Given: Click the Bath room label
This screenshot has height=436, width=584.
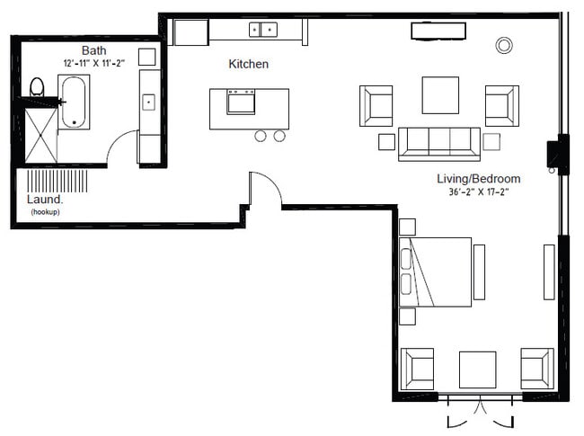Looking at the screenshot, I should pos(93,50).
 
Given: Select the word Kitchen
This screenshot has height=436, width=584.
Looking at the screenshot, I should pos(248,65).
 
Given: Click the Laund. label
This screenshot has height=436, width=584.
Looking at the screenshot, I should pos(44,200).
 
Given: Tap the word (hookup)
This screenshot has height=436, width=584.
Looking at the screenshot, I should pos(44,212).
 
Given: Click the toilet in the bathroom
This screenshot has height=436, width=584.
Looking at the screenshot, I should pos(37,88).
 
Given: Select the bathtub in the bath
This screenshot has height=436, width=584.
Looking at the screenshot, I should pos(74,102).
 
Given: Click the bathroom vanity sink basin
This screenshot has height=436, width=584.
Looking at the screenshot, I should pos(148,101).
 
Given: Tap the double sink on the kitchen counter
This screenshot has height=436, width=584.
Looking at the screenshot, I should pos(263,30).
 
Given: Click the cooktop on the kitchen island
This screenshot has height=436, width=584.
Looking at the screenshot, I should pos(241,102).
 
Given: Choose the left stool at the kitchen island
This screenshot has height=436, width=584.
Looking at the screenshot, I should pos(261,136).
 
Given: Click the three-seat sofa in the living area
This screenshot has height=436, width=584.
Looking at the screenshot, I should pos(438,143).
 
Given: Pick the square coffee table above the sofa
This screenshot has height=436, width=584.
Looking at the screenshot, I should pos(439,95).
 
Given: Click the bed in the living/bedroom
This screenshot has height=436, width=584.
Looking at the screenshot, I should pos(436,271).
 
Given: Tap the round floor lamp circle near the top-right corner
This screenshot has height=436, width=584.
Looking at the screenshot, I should pos(504,44).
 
